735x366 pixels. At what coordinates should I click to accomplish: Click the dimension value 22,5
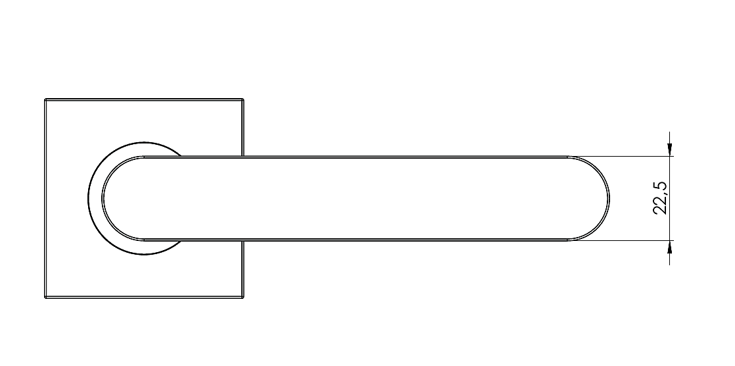pyautogui.click(x=661, y=198)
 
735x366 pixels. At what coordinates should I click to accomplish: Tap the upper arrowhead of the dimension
pyautogui.click(x=669, y=150)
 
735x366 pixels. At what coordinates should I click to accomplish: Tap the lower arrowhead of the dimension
pyautogui.click(x=669, y=247)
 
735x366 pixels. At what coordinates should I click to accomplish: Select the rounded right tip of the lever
pyautogui.click(x=609, y=199)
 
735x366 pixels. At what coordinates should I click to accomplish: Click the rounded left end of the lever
pyautogui.click(x=102, y=199)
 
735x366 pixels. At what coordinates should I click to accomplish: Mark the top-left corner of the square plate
pyautogui.click(x=45, y=99)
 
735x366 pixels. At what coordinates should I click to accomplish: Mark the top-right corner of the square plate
pyautogui.click(x=243, y=99)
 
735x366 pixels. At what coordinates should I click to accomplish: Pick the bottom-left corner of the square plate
pyautogui.click(x=45, y=298)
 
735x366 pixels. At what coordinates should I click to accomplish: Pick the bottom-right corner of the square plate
pyautogui.click(x=243, y=298)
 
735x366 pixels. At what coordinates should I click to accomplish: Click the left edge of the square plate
pyautogui.click(x=45, y=199)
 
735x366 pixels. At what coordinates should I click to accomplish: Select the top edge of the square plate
pyautogui.click(x=144, y=99)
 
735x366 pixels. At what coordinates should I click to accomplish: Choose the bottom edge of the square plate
pyautogui.click(x=144, y=298)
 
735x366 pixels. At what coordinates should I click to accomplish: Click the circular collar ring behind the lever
pyautogui.click(x=88, y=199)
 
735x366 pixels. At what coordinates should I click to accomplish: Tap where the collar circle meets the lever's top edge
pyautogui.click(x=181, y=156)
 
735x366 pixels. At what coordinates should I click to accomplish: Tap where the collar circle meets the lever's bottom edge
pyautogui.click(x=181, y=241)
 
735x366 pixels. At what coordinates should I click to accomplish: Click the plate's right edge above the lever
pyautogui.click(x=243, y=128)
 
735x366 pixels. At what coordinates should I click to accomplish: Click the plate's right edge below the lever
pyautogui.click(x=243, y=269)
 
